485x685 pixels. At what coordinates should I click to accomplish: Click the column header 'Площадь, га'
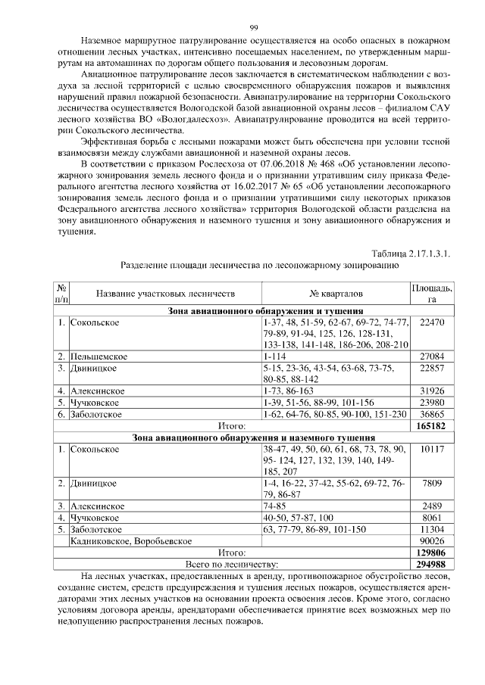(x=431, y=294)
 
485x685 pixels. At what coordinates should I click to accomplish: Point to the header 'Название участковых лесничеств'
(x=165, y=293)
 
